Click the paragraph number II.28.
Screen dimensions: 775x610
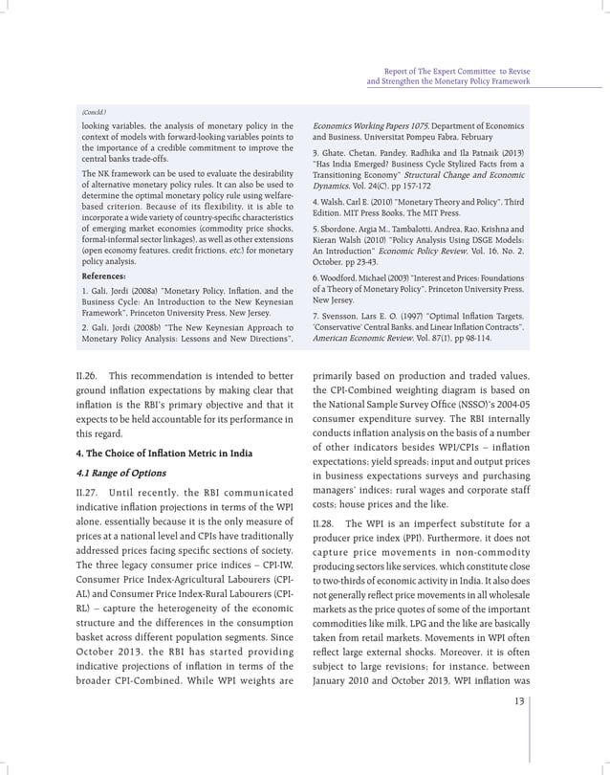tap(325, 523)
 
